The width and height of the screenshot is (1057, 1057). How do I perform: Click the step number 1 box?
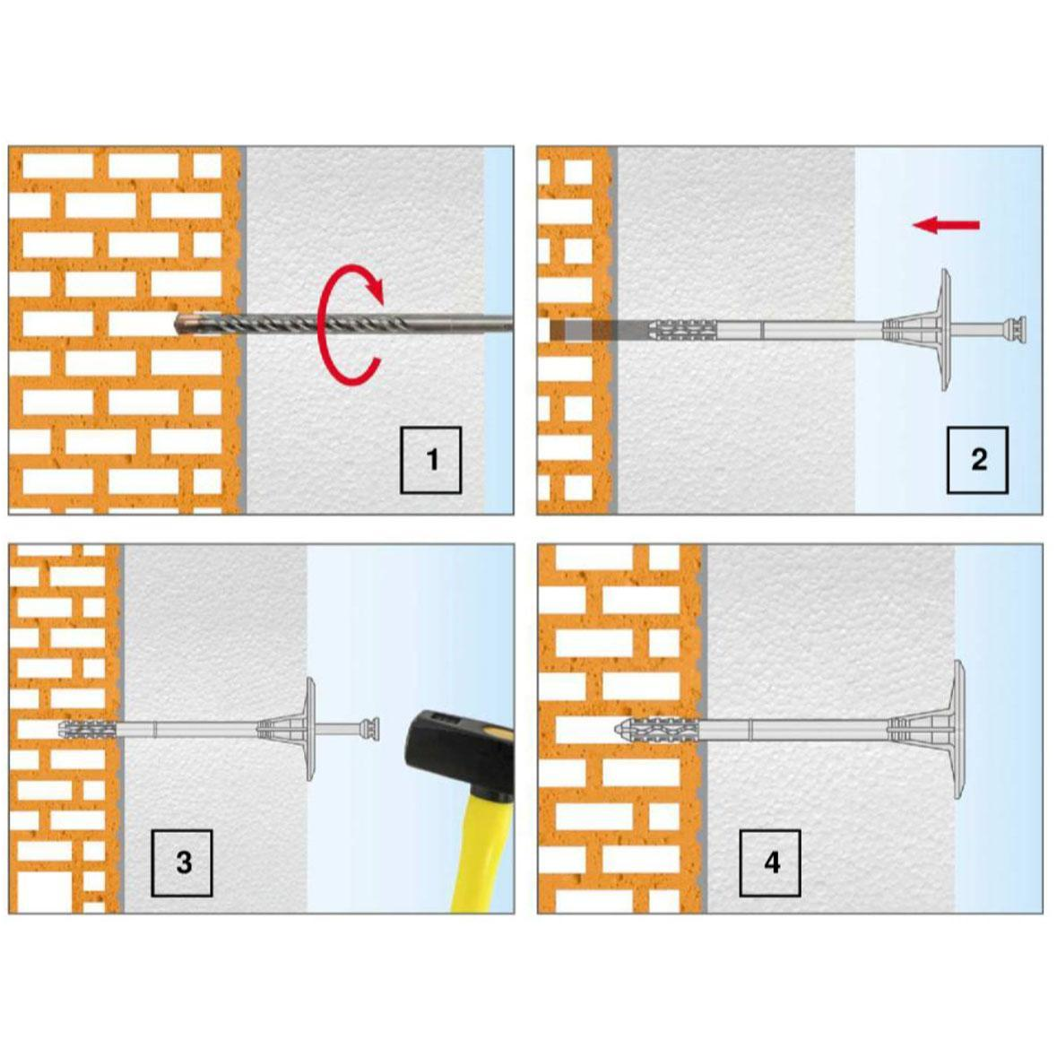click(x=430, y=460)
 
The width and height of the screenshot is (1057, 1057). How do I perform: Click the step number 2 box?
click(x=977, y=460)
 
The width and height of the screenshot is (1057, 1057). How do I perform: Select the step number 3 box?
click(x=182, y=862)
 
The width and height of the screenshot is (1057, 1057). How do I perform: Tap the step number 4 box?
click(x=770, y=862)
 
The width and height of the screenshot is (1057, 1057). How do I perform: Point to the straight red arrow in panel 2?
click(x=946, y=224)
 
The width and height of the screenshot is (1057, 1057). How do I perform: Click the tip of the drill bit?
click(x=176, y=325)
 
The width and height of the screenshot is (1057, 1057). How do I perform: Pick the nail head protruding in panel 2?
click(x=1015, y=330)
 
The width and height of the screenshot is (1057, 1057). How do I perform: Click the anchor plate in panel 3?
click(x=310, y=729)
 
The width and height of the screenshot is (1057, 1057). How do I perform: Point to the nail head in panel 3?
click(x=370, y=729)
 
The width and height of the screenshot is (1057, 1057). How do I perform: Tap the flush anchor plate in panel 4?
click(x=958, y=730)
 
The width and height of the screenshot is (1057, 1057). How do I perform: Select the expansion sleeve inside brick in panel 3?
click(x=88, y=729)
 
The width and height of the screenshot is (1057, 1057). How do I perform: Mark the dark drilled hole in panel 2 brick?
click(x=580, y=330)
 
